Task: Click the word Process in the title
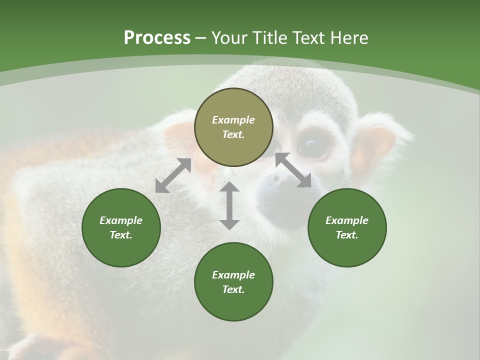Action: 157,38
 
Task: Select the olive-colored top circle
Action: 233,127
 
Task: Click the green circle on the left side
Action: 121,227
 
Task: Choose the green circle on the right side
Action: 347,227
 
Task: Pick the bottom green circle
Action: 233,282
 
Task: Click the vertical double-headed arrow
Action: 229,205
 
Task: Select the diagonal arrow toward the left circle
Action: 173,175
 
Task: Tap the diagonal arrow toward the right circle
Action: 293,170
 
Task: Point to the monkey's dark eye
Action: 311,145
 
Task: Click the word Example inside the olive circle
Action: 233,120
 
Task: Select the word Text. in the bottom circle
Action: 233,289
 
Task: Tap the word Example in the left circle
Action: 121,220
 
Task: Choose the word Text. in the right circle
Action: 347,235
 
